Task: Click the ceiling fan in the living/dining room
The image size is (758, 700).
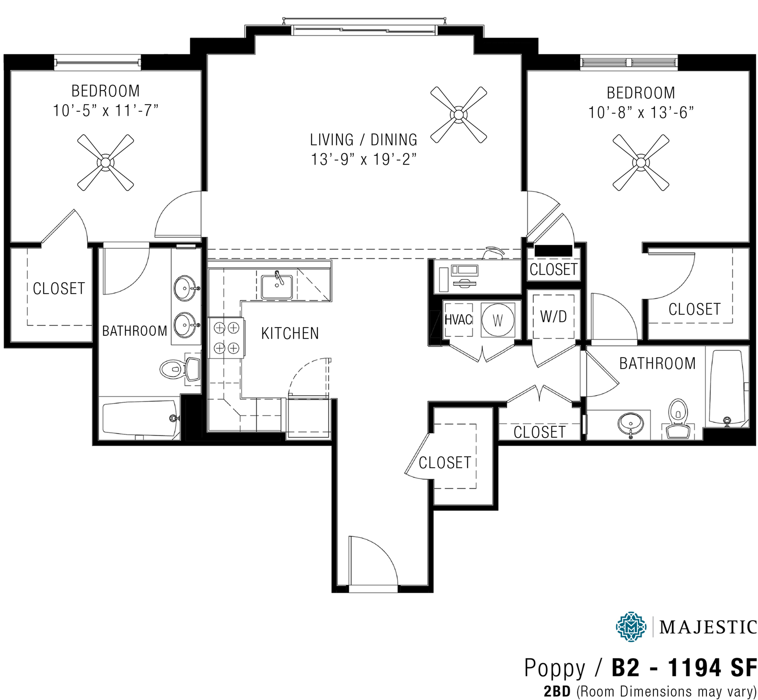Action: pos(458,114)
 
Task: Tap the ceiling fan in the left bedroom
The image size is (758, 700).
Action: pos(105,162)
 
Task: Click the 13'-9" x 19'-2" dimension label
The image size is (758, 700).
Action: pos(363,160)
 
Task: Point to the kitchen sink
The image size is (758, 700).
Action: pos(277,287)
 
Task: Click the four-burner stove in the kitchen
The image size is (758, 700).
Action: pos(227,338)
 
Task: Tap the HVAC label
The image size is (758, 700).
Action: pos(458,320)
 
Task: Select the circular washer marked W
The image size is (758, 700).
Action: pos(497,320)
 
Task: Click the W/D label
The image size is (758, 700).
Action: pos(553,316)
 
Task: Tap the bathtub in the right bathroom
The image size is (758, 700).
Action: pos(726,387)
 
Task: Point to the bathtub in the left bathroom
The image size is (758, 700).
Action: pos(139,419)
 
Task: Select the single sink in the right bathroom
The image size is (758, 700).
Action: pos(630,423)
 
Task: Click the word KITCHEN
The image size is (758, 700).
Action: pos(290,333)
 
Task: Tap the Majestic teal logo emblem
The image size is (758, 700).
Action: pos(631,626)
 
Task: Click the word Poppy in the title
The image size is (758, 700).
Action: pos(554,668)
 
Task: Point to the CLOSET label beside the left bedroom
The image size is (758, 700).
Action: pos(59,289)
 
